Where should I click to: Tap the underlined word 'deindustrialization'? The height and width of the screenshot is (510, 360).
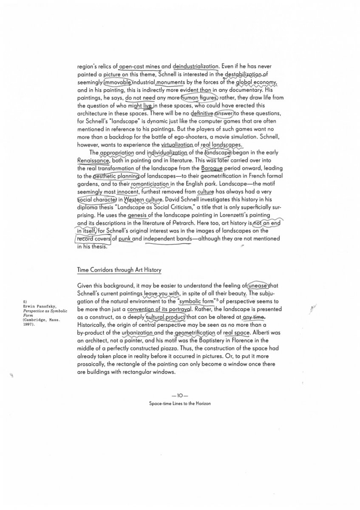(196, 66)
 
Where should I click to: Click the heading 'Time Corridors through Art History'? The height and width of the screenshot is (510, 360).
(119, 270)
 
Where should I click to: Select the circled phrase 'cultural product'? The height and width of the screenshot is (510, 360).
(165, 317)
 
